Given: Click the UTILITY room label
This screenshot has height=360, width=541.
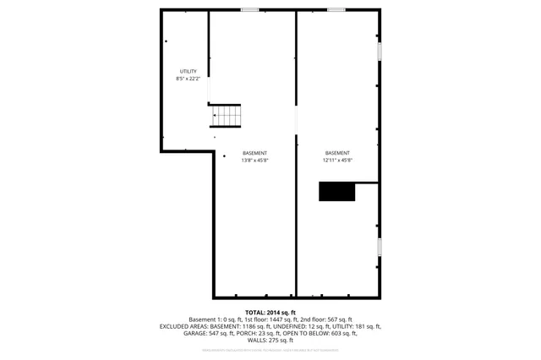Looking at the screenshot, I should (188, 71).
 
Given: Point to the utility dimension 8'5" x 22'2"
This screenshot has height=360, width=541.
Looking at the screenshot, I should (188, 79).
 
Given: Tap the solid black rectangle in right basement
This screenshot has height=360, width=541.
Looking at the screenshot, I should (336, 191).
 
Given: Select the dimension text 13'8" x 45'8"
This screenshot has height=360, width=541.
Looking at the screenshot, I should (254, 160).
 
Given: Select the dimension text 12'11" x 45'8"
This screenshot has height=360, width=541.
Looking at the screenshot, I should (337, 160).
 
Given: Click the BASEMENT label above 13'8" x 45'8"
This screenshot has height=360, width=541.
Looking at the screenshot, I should (254, 153).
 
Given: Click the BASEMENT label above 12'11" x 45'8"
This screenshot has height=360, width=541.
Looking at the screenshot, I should (337, 153).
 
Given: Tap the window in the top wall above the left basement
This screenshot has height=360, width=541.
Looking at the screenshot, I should (249, 9).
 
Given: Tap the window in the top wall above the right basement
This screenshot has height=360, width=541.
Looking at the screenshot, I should (336, 9).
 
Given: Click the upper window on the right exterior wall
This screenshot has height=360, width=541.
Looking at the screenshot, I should (380, 52).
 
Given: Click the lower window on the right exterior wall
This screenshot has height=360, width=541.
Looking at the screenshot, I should (380, 247).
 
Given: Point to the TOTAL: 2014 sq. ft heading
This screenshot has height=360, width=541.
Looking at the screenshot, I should (270, 312).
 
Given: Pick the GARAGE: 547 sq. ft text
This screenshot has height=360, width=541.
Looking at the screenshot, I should (206, 333).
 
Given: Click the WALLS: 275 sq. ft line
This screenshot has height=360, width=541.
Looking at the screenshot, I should (270, 340).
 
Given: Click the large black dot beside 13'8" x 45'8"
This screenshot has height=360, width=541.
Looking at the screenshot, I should (224, 155).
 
